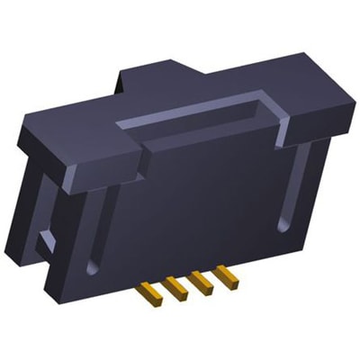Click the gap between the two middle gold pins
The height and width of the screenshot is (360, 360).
click(184, 290)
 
